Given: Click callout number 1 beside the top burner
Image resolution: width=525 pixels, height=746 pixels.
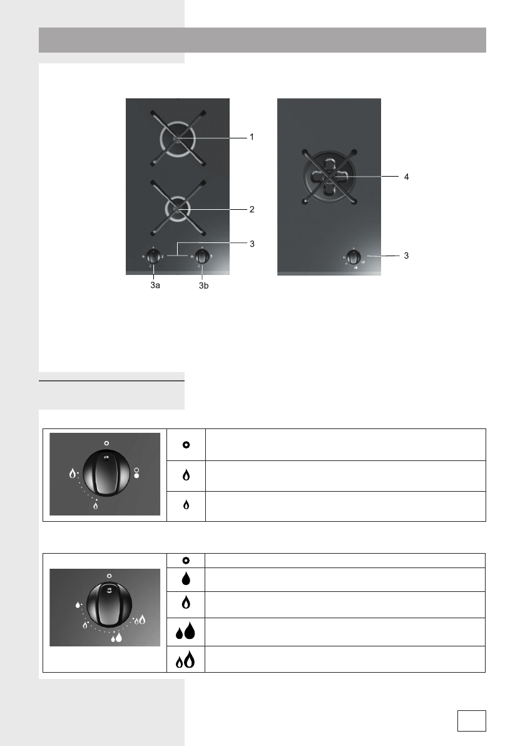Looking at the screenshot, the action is tap(252, 137).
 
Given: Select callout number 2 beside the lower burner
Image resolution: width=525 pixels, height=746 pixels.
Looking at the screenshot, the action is tap(252, 209).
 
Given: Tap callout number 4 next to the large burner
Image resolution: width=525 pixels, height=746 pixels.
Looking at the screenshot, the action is tap(406, 177).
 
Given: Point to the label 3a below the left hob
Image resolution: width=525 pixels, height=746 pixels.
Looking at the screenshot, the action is tap(155, 286).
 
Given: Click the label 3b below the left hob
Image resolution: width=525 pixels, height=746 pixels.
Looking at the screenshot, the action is tap(204, 286).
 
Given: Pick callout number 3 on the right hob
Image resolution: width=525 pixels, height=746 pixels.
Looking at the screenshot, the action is tap(406, 256).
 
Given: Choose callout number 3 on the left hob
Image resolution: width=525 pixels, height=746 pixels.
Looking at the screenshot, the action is tap(252, 244).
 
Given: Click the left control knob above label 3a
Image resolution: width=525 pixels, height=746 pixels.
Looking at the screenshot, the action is tap(153, 256).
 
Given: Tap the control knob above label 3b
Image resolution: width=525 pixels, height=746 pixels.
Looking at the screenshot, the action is tap(202, 256).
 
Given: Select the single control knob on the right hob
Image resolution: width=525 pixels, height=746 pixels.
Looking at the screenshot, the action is tap(354, 257).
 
